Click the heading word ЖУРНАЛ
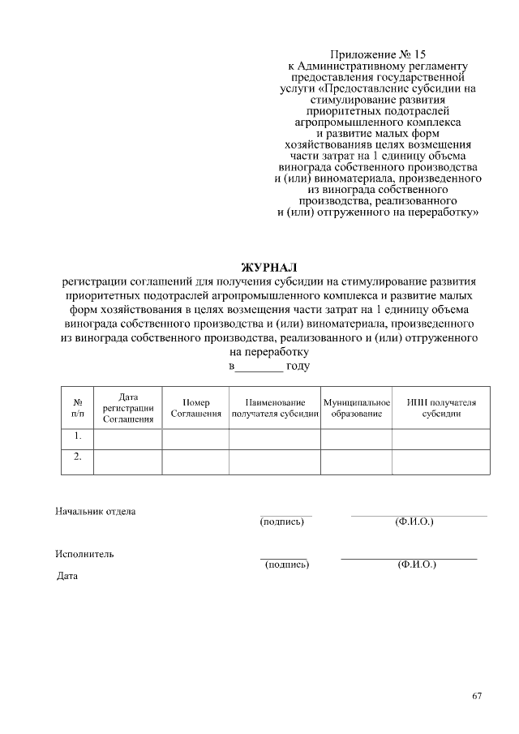269,267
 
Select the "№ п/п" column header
78,407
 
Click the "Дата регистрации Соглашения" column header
128,407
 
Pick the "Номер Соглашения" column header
195,407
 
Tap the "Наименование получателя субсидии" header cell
274,407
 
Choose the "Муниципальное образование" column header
357,407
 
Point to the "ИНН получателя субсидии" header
441,407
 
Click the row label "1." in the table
78,436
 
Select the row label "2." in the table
78,457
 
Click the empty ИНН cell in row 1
441,438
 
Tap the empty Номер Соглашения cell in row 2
195,461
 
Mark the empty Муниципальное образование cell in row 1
357,438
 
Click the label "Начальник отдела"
96,511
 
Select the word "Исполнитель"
85,554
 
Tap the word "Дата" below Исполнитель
67,577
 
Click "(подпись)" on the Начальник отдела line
282,522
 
